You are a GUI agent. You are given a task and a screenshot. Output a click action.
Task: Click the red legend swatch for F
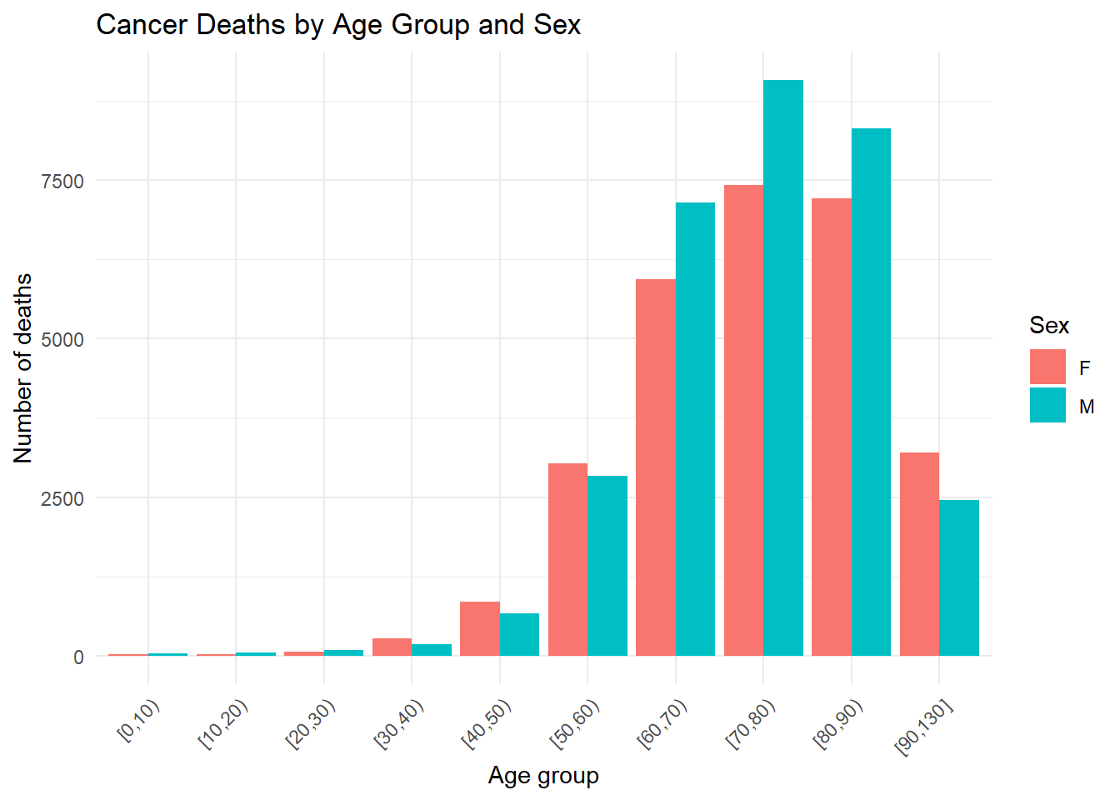click(x=1047, y=367)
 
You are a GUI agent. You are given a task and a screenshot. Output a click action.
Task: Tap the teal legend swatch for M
click(x=1047, y=405)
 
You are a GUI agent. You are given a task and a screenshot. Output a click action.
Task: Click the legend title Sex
click(x=1049, y=326)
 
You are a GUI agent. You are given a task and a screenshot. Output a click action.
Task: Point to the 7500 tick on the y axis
click(x=62, y=181)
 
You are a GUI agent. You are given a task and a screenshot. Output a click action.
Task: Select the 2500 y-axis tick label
click(x=62, y=498)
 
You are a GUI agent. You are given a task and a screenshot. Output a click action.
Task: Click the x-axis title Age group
click(x=543, y=777)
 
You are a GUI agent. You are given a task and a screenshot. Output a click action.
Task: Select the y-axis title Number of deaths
click(x=22, y=368)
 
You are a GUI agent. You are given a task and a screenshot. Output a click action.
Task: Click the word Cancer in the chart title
click(x=142, y=24)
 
